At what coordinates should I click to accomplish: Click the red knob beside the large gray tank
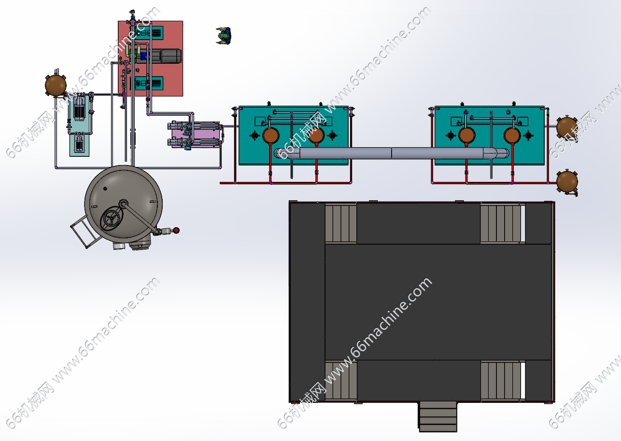point(176,230)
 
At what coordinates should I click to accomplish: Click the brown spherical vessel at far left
point(56,85)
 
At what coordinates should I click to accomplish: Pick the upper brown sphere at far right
point(567,127)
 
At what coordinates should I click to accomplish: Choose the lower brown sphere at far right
point(567,182)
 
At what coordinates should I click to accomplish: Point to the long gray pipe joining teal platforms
point(392,153)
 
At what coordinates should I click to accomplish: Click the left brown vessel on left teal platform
point(270,136)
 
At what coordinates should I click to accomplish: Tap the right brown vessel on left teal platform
point(316,136)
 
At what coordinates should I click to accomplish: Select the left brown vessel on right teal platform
point(466,136)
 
